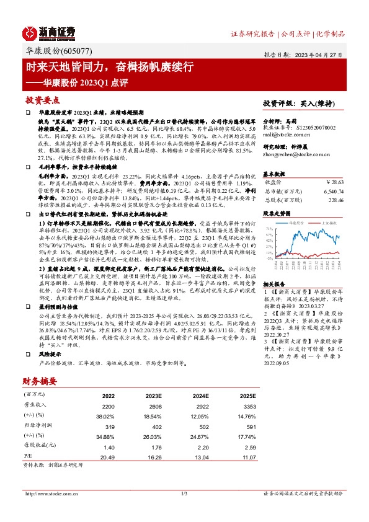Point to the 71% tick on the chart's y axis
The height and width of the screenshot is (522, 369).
point(270,229)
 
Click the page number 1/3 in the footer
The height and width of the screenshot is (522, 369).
point(184,493)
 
